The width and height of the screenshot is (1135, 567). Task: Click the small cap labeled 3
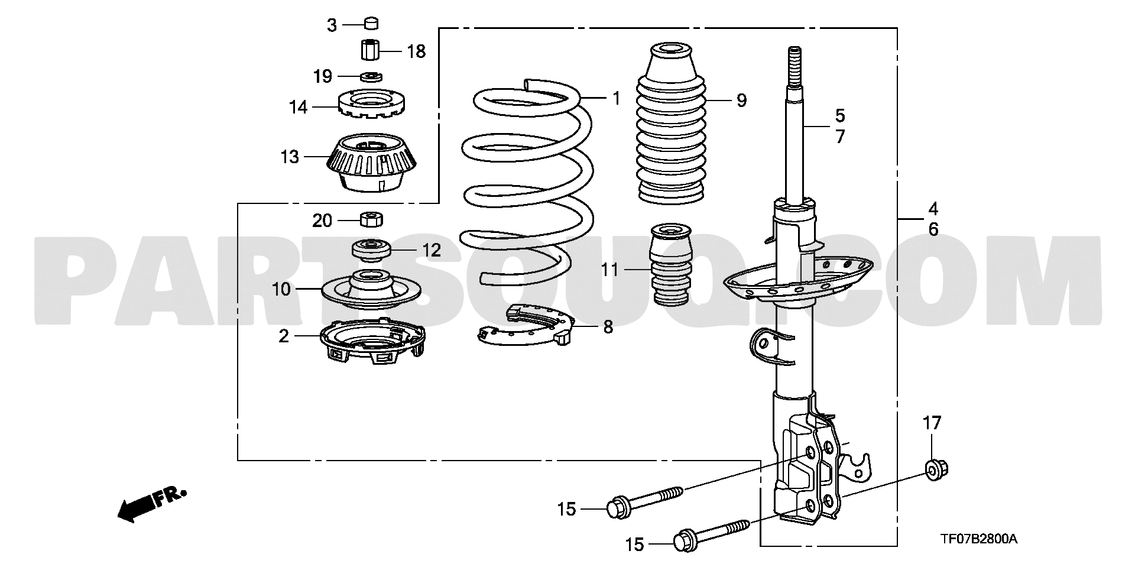[371, 24]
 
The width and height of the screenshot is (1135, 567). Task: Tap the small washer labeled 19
[371, 76]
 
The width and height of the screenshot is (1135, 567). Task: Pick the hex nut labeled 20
[371, 219]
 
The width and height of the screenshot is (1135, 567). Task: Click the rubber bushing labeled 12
[371, 250]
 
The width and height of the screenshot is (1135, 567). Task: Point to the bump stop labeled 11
[671, 264]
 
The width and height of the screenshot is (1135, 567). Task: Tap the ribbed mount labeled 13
[372, 162]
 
